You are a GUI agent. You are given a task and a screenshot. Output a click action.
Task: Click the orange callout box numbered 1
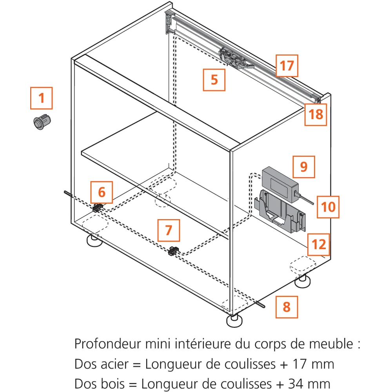(41, 98)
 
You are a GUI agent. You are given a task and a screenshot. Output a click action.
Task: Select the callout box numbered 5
(214, 80)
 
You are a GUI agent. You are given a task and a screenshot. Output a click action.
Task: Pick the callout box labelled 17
(287, 65)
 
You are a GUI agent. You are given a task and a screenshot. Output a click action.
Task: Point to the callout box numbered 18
(316, 114)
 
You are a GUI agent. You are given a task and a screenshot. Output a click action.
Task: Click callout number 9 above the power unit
(304, 167)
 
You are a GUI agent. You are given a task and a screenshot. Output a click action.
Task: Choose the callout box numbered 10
(328, 207)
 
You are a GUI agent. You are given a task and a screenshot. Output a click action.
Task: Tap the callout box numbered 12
(319, 245)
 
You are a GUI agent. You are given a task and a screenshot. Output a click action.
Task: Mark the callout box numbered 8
(286, 307)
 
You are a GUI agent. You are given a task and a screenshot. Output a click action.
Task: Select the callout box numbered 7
(169, 230)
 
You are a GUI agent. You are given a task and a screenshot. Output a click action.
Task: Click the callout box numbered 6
(102, 192)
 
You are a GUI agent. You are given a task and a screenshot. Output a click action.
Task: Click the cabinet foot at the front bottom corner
(234, 320)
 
